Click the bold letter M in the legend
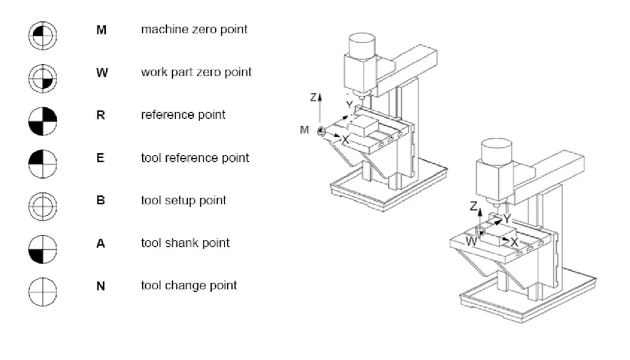101,30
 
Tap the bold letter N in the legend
101,286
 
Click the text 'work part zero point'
196,73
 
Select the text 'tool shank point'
185,243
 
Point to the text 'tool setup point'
183,201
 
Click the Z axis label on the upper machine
314,97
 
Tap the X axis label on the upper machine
346,140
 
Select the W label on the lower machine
472,242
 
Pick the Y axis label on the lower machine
507,219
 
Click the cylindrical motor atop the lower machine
496,154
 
